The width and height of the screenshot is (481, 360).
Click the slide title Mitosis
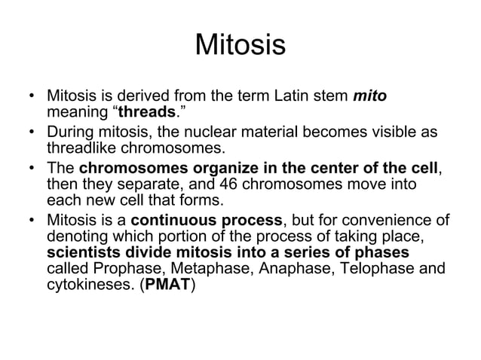coord(240,44)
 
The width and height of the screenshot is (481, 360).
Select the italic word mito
coord(370,97)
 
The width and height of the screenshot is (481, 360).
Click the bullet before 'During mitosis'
coord(32,132)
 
